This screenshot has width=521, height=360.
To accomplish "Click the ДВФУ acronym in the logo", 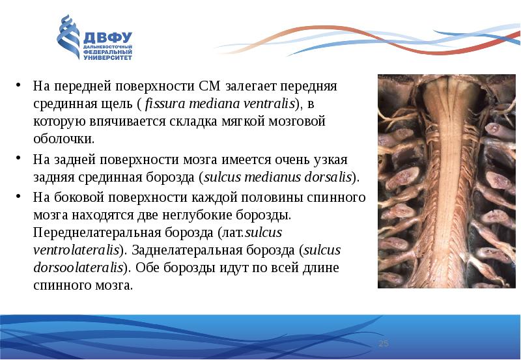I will pyautogui.click(x=108, y=36).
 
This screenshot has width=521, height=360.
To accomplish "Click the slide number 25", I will pyautogui.click(x=383, y=343).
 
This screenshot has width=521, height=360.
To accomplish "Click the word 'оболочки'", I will pyautogui.click(x=63, y=139).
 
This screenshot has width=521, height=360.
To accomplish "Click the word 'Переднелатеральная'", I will pyautogui.click(x=91, y=232).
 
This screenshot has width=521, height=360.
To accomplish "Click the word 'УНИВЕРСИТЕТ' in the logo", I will pyautogui.click(x=107, y=57).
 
